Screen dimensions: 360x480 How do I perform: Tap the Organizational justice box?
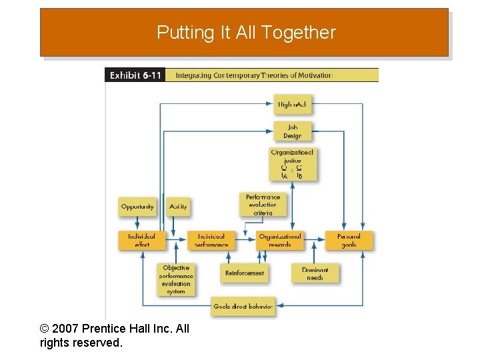tap(292, 164)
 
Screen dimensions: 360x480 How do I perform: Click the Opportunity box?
tap(137, 207)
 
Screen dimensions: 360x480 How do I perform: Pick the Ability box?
tap(178, 207)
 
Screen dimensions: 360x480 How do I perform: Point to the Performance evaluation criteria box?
tap(263, 205)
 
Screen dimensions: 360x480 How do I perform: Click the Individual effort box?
tap(142, 240)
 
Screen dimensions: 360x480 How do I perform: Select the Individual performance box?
tap(211, 240)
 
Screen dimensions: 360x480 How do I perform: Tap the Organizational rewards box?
tap(280, 240)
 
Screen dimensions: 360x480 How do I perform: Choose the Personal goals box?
tap(349, 240)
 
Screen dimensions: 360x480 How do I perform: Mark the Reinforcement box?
tap(245, 273)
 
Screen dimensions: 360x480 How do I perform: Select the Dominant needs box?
tap(315, 273)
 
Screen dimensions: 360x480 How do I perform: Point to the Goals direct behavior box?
tap(243, 307)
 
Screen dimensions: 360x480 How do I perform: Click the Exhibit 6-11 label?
tap(135, 75)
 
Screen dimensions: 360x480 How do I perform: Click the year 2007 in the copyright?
tap(66, 329)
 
